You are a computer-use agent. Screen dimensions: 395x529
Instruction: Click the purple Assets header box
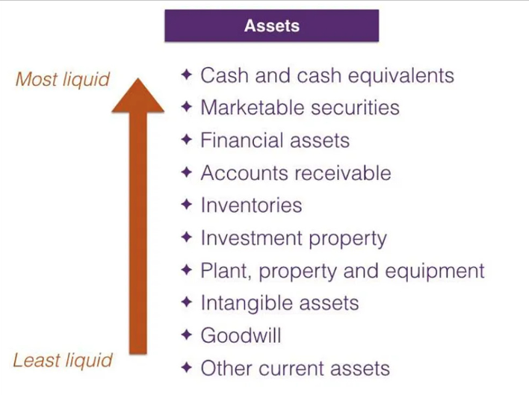[271, 25]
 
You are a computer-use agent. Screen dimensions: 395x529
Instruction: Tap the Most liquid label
[63, 78]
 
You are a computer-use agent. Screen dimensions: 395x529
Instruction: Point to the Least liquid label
[63, 361]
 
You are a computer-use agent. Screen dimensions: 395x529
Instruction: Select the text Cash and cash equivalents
[327, 75]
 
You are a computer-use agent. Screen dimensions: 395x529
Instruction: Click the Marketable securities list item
[300, 108]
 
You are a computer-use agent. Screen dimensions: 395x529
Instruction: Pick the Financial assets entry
[274, 140]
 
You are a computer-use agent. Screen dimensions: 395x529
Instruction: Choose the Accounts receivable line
[295, 173]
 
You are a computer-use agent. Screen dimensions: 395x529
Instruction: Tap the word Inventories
[251, 205]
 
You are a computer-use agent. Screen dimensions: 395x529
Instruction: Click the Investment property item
[294, 239]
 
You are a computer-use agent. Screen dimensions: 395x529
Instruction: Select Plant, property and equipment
[342, 271]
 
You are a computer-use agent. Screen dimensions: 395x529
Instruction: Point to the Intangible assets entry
[279, 304]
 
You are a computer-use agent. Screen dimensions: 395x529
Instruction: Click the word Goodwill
[241, 336]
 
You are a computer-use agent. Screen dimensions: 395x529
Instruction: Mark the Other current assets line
[295, 368]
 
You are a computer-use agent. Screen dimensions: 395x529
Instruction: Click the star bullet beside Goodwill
[187, 335]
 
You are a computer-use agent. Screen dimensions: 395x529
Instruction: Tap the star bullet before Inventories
[187, 205]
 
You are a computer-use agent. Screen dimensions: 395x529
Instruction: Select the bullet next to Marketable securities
[187, 107]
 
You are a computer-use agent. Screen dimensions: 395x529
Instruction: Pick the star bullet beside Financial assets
[187, 140]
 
